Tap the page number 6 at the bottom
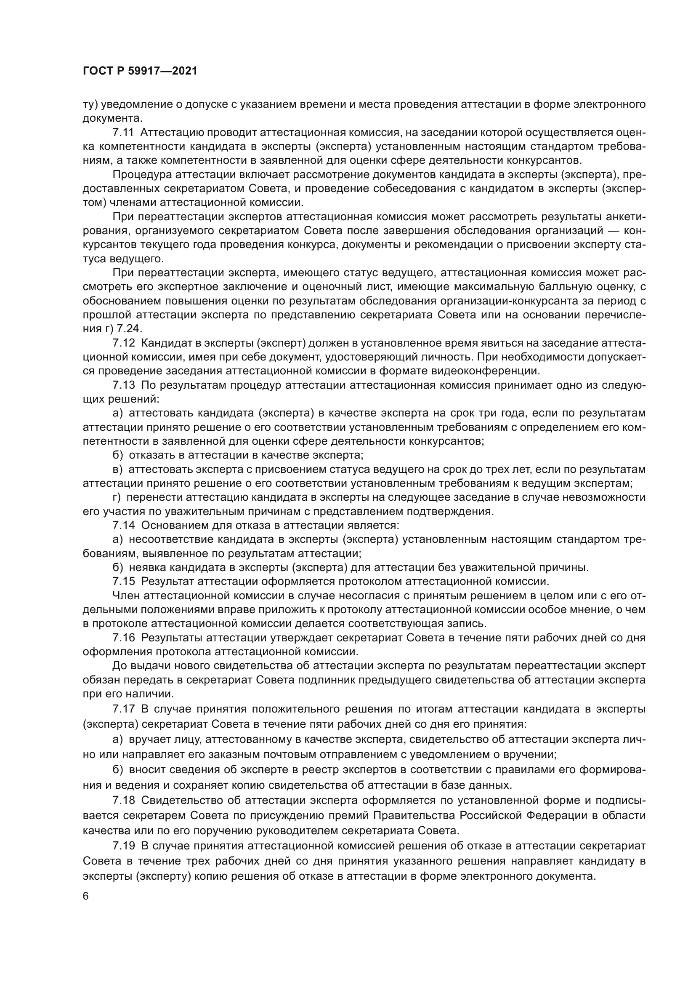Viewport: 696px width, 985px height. (86, 896)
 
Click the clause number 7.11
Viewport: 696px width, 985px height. (123, 133)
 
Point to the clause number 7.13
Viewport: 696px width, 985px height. (123, 385)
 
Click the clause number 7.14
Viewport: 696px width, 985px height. (123, 525)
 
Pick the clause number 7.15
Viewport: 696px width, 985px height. (123, 581)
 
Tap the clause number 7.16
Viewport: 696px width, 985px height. (123, 638)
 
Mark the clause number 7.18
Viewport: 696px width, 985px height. (123, 800)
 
